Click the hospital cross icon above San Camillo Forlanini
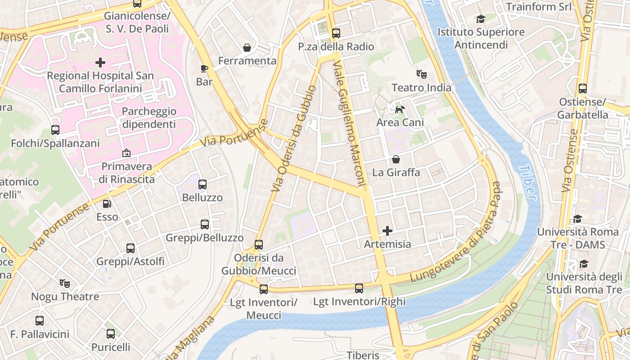tap(100, 62)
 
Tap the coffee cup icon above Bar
tap(204, 68)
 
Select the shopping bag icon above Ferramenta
tap(247, 47)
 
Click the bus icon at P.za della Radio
tap(336, 33)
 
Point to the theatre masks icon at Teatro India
tap(421, 73)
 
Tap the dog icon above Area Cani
tap(400, 109)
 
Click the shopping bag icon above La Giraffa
tap(396, 159)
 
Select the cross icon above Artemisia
tap(387, 231)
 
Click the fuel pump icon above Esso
tap(107, 203)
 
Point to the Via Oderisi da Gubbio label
tap(294, 139)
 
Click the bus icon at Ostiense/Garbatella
tap(583, 88)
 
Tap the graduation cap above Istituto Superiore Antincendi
tap(481, 19)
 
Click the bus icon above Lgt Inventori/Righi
tap(359, 288)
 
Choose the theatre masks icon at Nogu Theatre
tap(65, 283)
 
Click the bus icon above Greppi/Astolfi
tap(130, 248)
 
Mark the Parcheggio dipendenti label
tap(149, 117)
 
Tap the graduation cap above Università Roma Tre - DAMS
tap(577, 219)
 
